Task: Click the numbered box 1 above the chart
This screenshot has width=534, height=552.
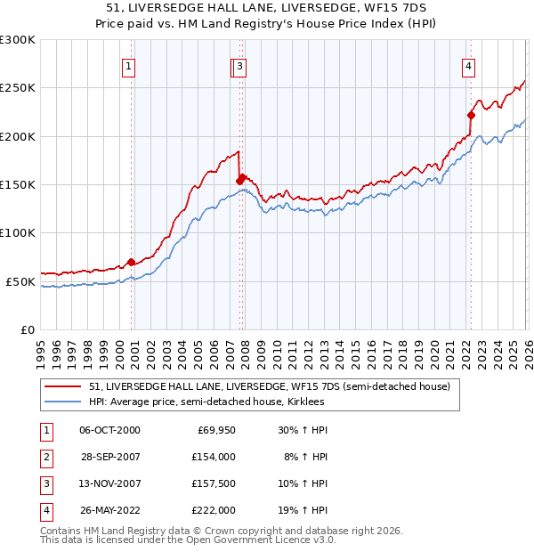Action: click(x=129, y=65)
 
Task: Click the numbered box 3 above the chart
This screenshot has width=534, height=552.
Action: click(x=241, y=65)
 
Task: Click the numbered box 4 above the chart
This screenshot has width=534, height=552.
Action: click(x=468, y=65)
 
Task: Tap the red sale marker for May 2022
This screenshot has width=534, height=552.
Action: click(x=471, y=115)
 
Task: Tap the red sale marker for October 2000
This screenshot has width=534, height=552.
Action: click(x=131, y=262)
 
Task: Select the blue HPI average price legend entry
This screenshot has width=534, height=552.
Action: click(x=206, y=402)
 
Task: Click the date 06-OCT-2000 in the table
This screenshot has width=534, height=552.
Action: click(x=109, y=430)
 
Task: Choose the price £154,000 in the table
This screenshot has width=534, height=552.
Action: click(x=214, y=457)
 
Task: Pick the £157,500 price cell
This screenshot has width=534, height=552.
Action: click(x=214, y=483)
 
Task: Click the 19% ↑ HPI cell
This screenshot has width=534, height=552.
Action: click(x=302, y=510)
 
